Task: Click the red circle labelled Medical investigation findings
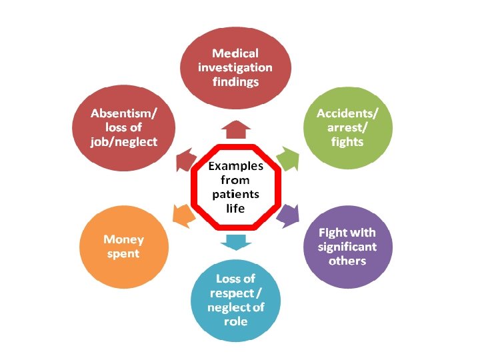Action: pyautogui.click(x=235, y=67)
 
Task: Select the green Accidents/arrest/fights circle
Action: pyautogui.click(x=347, y=127)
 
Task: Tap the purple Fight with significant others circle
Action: pyautogui.click(x=347, y=247)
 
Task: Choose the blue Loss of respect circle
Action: pyautogui.click(x=235, y=300)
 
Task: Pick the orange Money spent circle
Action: pyautogui.click(x=123, y=247)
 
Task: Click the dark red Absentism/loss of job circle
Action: pyautogui.click(x=125, y=127)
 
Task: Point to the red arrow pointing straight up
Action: pyautogui.click(x=235, y=129)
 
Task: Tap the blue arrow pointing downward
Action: pyautogui.click(x=235, y=241)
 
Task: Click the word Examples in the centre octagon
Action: pyautogui.click(x=235, y=166)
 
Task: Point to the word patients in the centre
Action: pyautogui.click(x=235, y=195)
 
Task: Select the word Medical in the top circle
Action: pyautogui.click(x=235, y=53)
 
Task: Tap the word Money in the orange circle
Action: pyautogui.click(x=123, y=239)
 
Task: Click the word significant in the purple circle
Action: pyautogui.click(x=347, y=247)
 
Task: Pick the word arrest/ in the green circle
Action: pyautogui.click(x=347, y=127)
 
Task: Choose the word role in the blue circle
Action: pyautogui.click(x=235, y=321)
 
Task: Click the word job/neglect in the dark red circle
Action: pyautogui.click(x=125, y=141)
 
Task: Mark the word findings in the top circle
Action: pyautogui.click(x=235, y=81)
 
